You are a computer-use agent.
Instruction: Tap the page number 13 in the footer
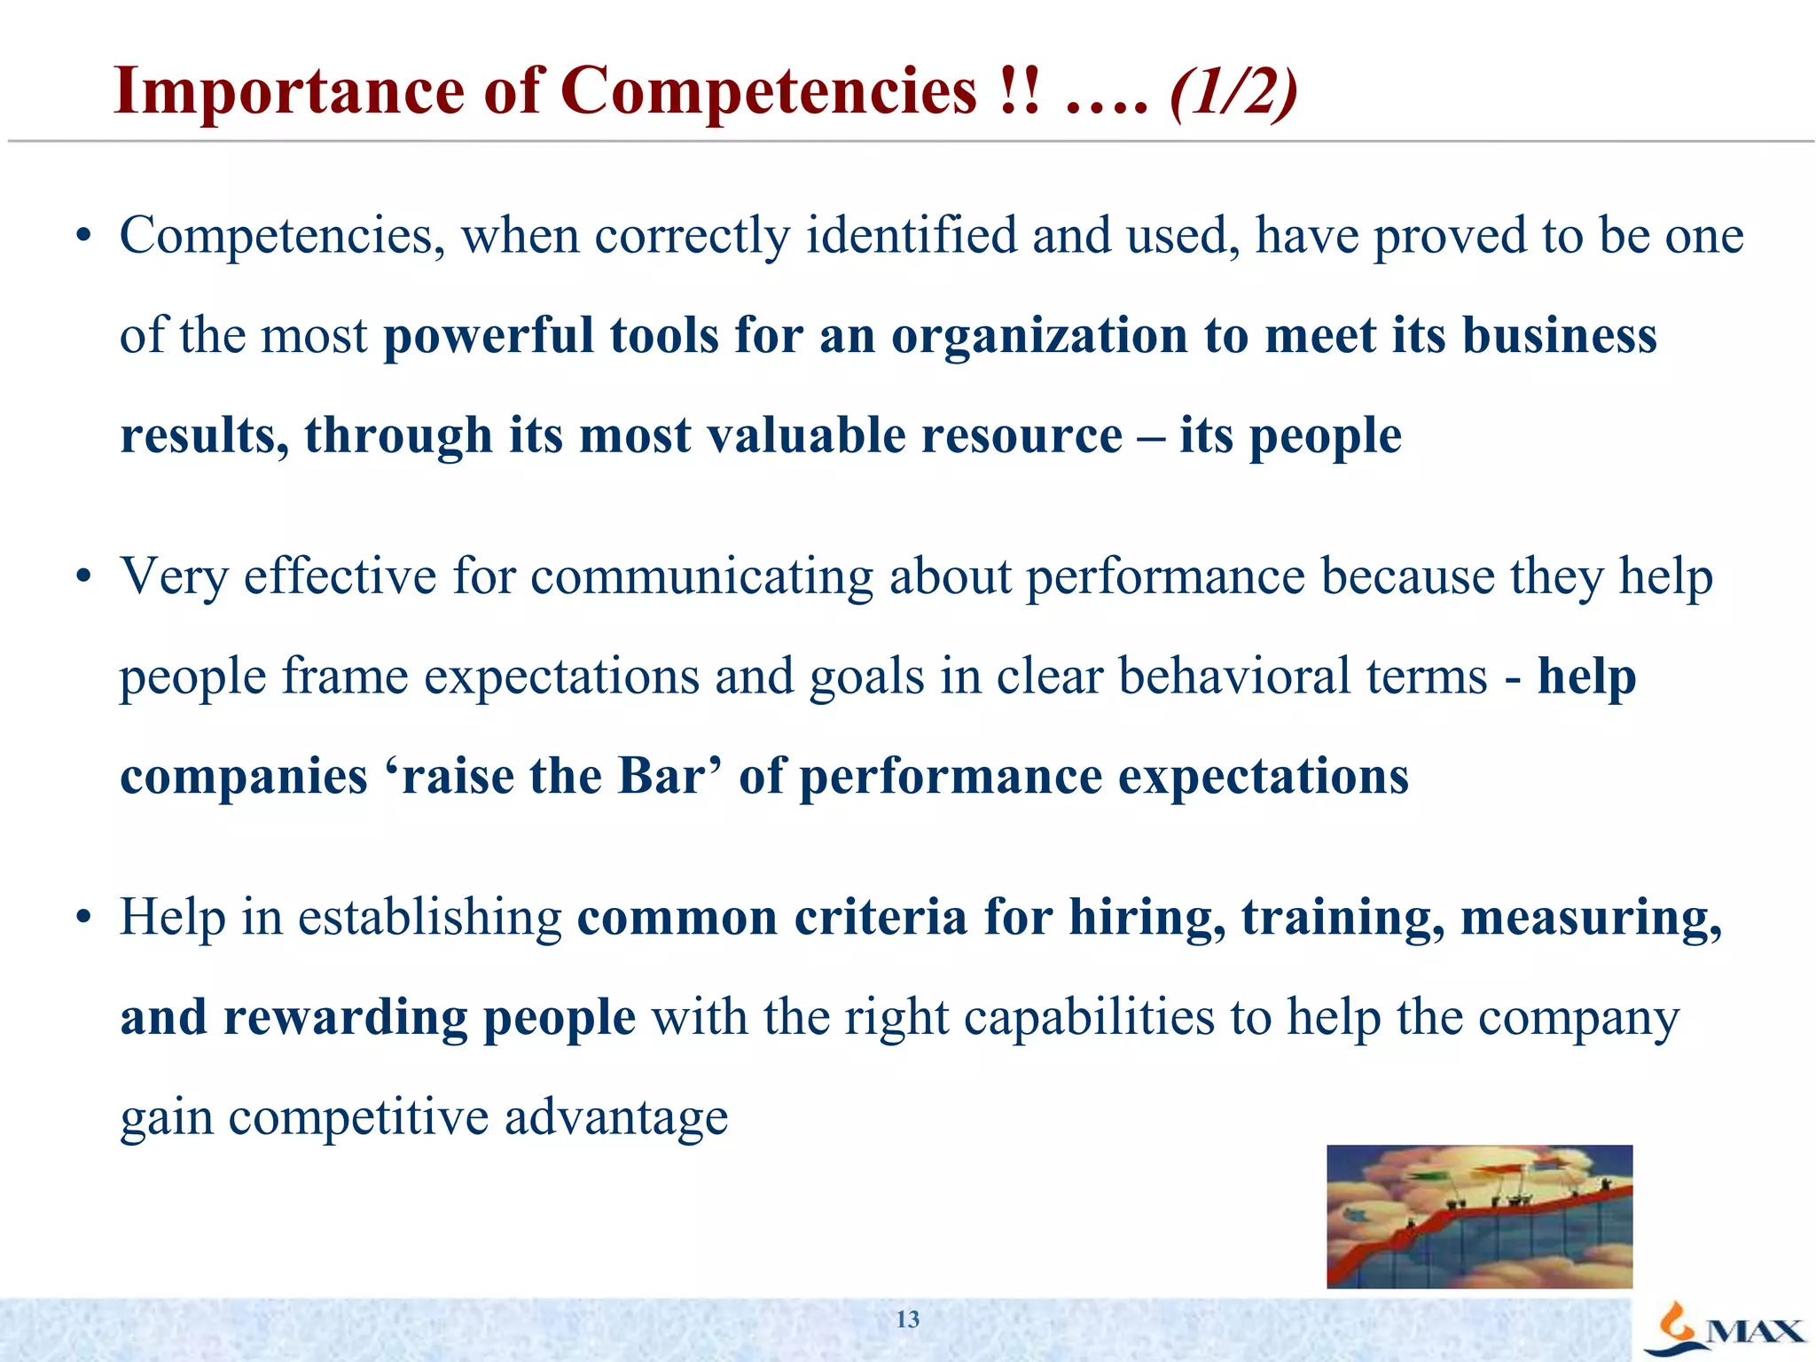point(907,1319)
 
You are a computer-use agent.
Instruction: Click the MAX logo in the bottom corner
point(1725,1330)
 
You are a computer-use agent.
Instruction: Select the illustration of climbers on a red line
point(1479,1216)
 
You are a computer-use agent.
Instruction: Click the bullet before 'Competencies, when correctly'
point(83,238)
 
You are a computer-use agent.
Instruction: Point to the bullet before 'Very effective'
point(83,578)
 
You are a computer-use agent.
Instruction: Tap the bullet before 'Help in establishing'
point(83,919)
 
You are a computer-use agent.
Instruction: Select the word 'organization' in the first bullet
point(1039,337)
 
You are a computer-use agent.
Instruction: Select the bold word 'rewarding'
point(345,1017)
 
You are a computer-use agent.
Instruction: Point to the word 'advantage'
point(616,1117)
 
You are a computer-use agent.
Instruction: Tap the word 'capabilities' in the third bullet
point(1089,1017)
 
